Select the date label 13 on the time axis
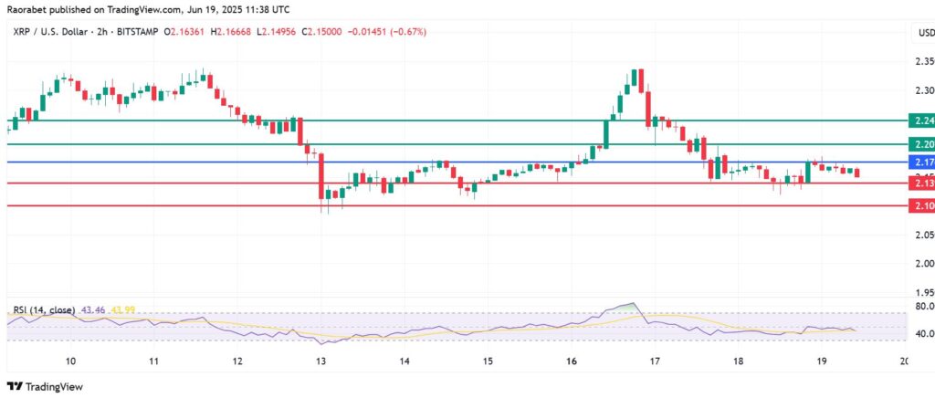pyautogui.click(x=321, y=361)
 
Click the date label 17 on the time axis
pyautogui.click(x=655, y=361)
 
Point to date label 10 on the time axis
pyautogui.click(x=70, y=361)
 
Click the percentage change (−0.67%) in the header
pyautogui.click(x=407, y=32)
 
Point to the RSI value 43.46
pyautogui.click(x=93, y=310)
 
